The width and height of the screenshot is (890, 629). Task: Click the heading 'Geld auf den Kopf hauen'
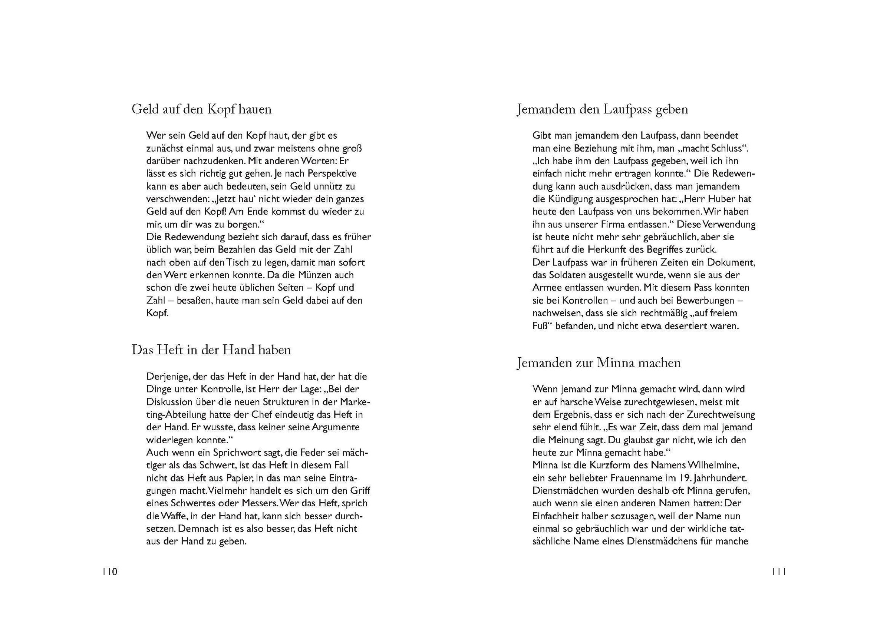click(x=202, y=109)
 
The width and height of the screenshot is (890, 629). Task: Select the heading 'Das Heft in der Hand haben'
click(x=211, y=350)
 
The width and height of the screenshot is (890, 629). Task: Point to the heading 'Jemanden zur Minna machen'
click(x=599, y=363)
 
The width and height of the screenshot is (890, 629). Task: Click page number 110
click(x=110, y=572)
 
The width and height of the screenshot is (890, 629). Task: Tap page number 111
click(x=779, y=572)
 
